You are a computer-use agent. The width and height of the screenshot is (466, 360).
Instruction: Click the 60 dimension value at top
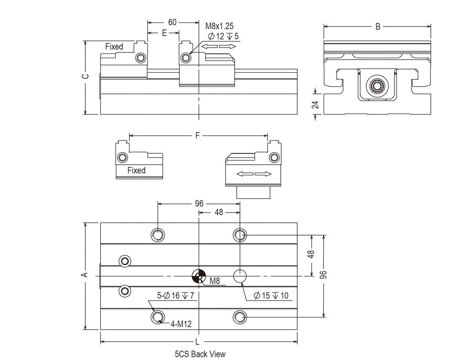pyautogui.click(x=172, y=22)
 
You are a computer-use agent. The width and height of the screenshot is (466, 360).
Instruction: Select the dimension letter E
pyautogui.click(x=164, y=33)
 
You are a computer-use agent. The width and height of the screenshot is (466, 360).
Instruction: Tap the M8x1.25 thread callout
pyautogui.click(x=219, y=26)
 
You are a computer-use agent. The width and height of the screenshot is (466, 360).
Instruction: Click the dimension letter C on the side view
pyautogui.click(x=85, y=77)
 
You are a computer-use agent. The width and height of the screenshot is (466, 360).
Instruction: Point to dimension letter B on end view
pyautogui.click(x=378, y=27)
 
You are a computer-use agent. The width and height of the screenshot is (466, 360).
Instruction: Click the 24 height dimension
pyautogui.click(x=315, y=104)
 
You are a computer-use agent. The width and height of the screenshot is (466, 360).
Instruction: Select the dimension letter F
pyautogui.click(x=198, y=135)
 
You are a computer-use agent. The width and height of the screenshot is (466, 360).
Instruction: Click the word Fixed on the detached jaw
pyautogui.click(x=136, y=171)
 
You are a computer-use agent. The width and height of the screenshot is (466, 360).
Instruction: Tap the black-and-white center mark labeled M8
pyautogui.click(x=198, y=276)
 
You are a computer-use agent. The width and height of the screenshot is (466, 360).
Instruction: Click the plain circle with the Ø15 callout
pyautogui.click(x=240, y=276)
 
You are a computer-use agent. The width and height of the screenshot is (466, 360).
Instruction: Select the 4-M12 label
pyautogui.click(x=181, y=324)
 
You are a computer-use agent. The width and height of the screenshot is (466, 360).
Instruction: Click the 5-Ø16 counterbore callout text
pyautogui.click(x=176, y=296)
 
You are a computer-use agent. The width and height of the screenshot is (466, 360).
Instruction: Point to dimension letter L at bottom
pyautogui.click(x=198, y=342)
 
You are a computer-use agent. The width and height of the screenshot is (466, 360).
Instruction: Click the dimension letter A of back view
pyautogui.click(x=84, y=274)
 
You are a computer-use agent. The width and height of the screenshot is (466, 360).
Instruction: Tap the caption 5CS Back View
pyautogui.click(x=200, y=354)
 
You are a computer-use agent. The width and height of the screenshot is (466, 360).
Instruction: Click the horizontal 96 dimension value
pyautogui.click(x=198, y=204)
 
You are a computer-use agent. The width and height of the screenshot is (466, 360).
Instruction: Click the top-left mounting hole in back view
pyautogui.click(x=158, y=235)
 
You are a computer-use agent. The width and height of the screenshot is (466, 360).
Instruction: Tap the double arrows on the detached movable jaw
pyautogui.click(x=254, y=174)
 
